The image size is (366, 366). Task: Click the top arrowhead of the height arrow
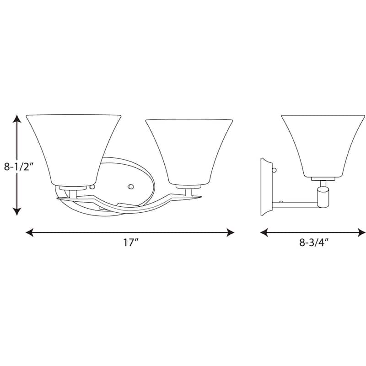17,118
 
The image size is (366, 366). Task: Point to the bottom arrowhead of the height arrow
17,211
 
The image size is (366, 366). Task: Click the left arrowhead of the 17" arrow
29,232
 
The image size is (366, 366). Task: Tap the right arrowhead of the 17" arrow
231,232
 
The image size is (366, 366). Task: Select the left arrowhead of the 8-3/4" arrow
264,232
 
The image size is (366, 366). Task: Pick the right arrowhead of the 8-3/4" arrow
362,232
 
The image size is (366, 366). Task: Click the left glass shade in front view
73,150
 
